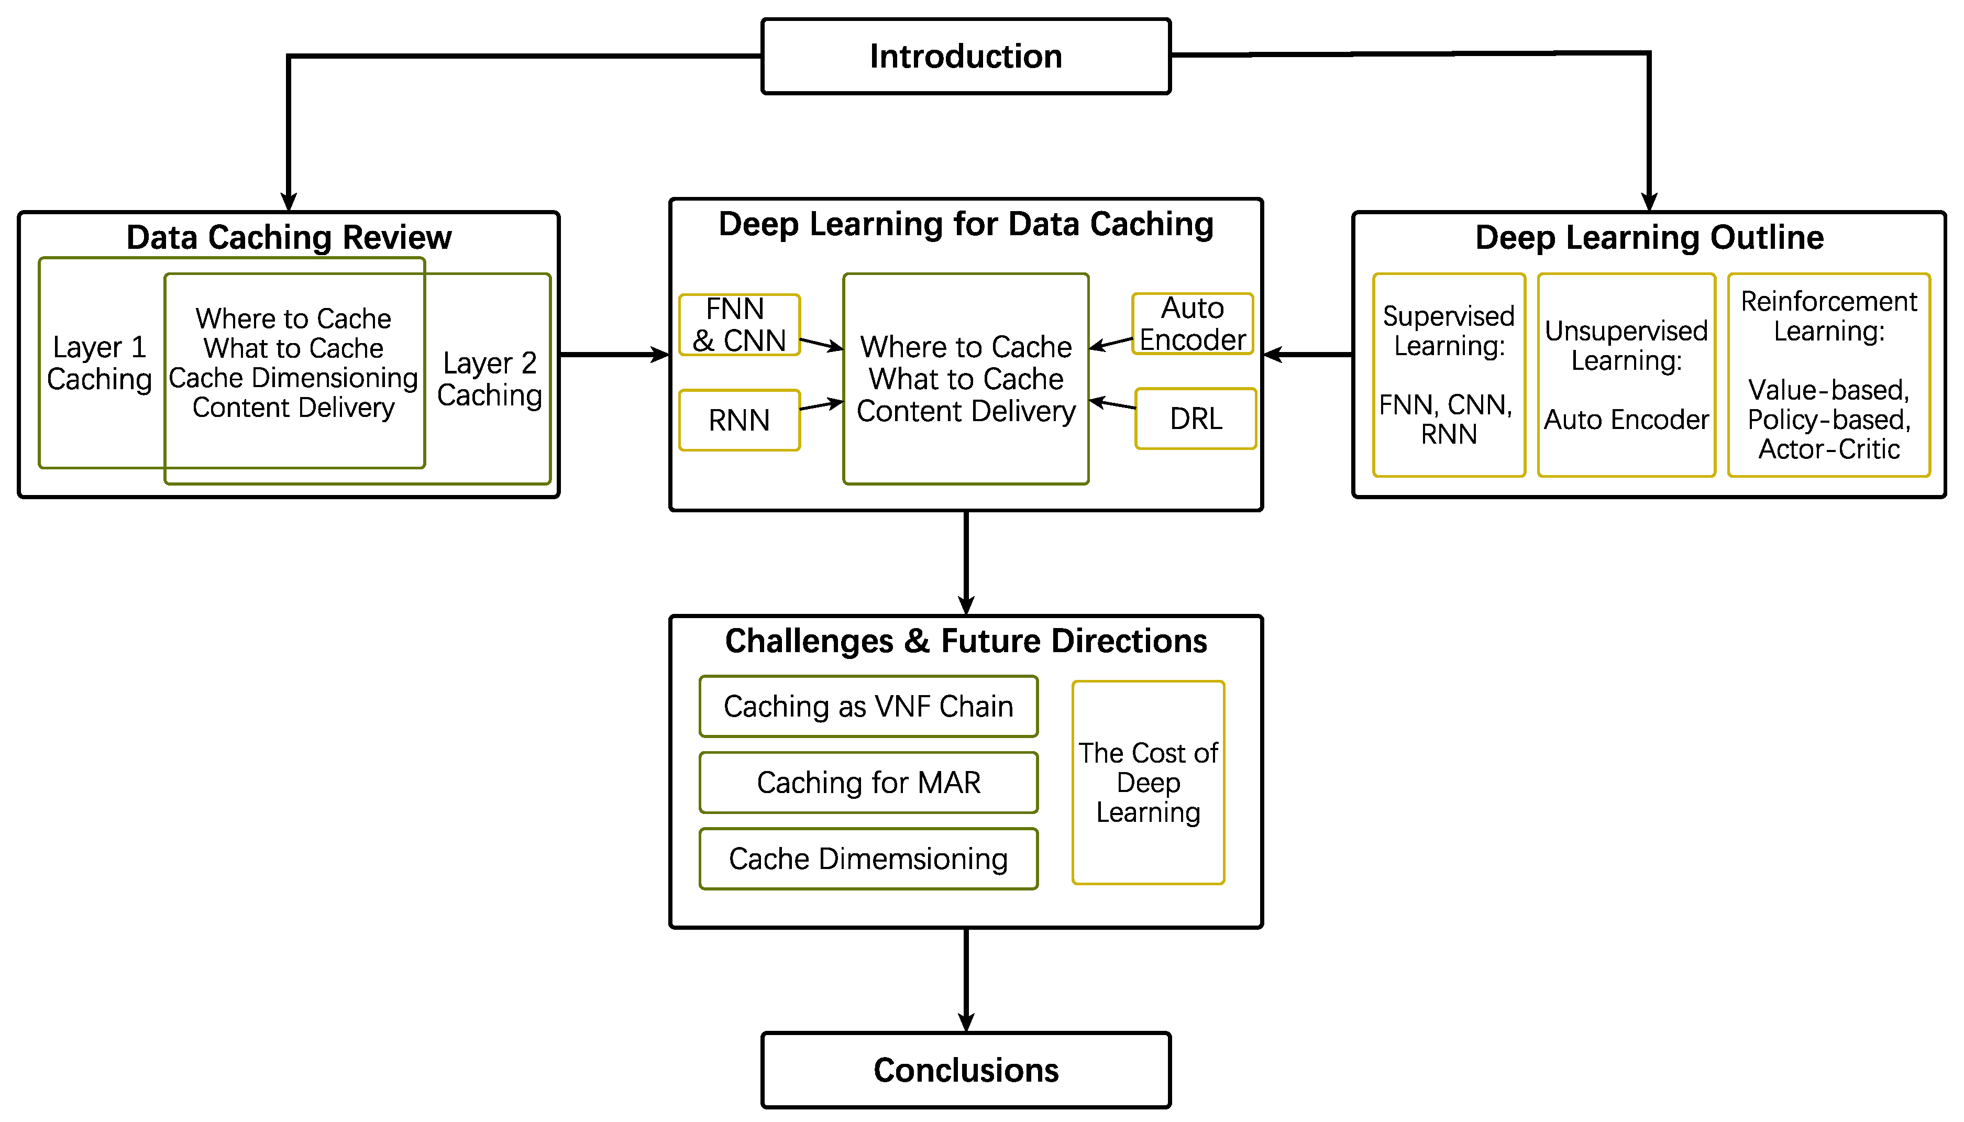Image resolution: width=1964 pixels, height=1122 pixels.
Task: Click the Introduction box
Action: (x=965, y=56)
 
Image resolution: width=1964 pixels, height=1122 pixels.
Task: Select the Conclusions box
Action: (x=965, y=1070)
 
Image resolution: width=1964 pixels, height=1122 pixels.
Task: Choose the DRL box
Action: (x=1195, y=419)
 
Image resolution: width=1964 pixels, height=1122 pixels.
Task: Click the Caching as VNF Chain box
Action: (x=868, y=706)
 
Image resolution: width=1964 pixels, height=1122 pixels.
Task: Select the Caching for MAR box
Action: (x=868, y=782)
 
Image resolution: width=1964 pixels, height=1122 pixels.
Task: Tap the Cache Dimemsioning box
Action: (x=868, y=859)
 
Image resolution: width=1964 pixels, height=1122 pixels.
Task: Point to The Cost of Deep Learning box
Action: (x=1147, y=782)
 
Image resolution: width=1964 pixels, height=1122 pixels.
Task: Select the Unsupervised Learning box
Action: (x=1626, y=375)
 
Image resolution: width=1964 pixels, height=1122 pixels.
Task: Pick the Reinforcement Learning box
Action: (x=1828, y=375)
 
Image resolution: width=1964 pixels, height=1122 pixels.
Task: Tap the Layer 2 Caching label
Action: (x=489, y=379)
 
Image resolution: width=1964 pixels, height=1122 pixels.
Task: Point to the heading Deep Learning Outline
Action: (x=1648, y=237)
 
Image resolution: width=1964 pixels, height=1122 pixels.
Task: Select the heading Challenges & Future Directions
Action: (x=965, y=641)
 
